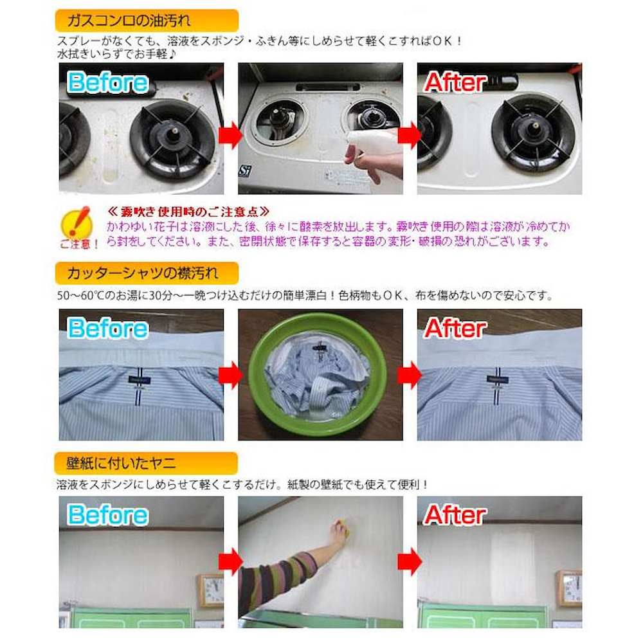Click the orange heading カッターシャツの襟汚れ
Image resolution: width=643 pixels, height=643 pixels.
click(x=146, y=273)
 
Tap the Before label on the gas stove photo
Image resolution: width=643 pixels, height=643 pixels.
click(x=108, y=83)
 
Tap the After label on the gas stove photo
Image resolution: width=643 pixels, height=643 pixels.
click(x=455, y=83)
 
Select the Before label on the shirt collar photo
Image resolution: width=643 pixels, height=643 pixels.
click(x=108, y=329)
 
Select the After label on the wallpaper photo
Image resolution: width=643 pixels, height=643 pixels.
click(x=455, y=515)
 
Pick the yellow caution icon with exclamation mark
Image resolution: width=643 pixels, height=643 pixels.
click(x=80, y=224)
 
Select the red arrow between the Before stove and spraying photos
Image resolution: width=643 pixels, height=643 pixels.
click(x=231, y=136)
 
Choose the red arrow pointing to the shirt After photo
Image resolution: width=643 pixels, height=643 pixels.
click(x=410, y=375)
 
